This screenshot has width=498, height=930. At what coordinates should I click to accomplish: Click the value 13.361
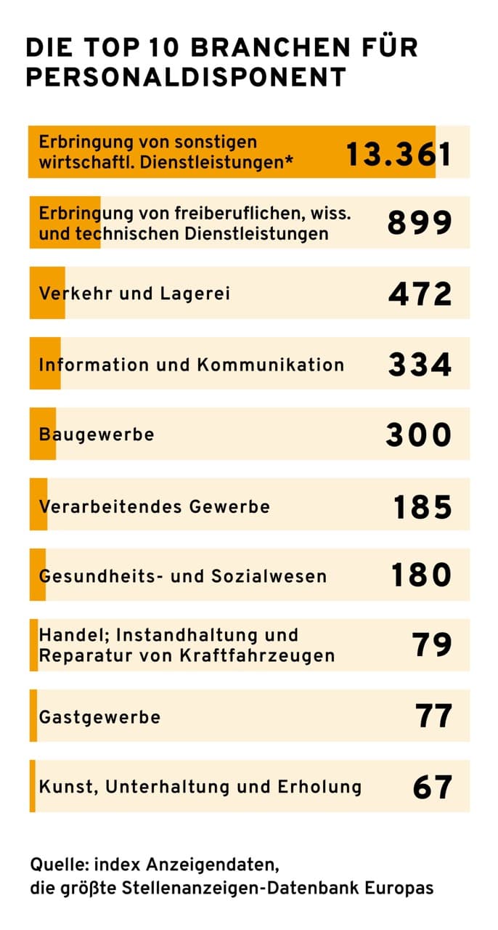pos(398,153)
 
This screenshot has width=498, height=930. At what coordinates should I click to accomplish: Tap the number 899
pos(420,223)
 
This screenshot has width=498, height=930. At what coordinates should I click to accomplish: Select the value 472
pos(420,294)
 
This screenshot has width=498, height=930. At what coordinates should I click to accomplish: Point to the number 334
pos(420,364)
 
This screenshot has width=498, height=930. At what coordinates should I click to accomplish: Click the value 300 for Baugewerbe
pos(418,434)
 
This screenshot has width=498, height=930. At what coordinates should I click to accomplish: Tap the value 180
pos(421,575)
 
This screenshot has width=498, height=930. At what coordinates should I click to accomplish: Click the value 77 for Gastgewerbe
pos(433,716)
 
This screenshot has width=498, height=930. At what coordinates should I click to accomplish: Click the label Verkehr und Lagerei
pos(134,294)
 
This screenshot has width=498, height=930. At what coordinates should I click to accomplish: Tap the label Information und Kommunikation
pos(192,364)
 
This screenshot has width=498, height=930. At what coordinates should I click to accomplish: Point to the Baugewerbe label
pos(97,434)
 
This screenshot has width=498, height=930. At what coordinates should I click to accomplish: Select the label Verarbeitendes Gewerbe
pos(154,506)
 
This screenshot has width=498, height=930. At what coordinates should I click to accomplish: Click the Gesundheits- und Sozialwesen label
pos(183,576)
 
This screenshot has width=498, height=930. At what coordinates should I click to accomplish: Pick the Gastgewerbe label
pos(99,716)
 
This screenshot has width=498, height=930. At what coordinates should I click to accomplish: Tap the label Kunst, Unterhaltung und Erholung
pos(200,787)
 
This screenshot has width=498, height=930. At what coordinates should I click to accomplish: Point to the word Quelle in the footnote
pos(56,865)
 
